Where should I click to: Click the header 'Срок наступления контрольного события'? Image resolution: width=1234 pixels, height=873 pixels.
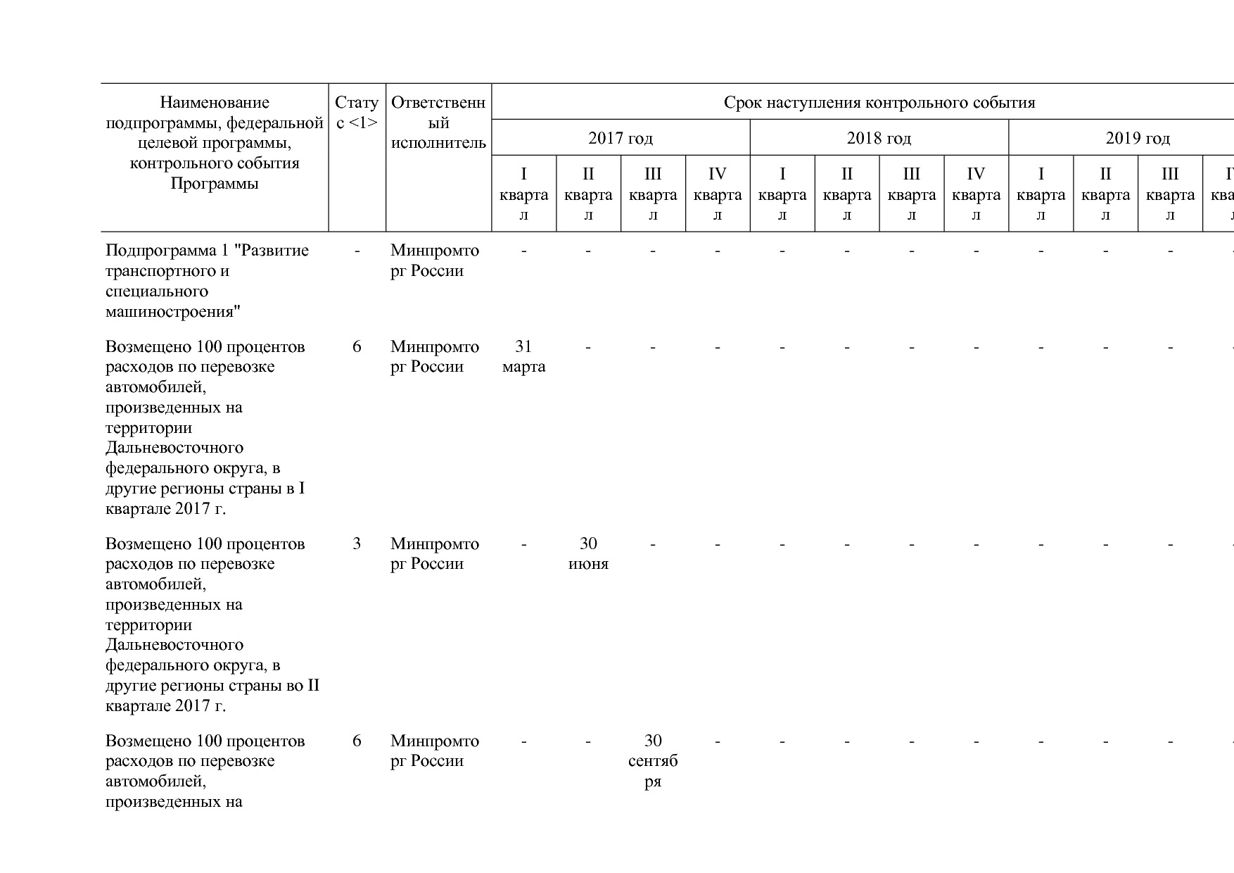(879, 103)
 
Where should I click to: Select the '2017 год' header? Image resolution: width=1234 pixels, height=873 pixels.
(621, 138)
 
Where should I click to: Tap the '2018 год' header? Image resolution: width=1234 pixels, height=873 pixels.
(879, 138)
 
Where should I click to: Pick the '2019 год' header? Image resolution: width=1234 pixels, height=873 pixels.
(1138, 138)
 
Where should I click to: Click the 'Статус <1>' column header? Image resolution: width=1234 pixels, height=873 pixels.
(357, 113)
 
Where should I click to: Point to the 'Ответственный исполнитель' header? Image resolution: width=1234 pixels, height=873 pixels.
(438, 123)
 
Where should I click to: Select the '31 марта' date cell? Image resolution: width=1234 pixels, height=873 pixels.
(523, 356)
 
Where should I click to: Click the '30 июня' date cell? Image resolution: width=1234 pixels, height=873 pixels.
(588, 553)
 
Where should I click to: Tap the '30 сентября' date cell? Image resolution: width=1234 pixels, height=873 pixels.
(653, 760)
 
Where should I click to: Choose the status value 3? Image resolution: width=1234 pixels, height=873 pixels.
(357, 544)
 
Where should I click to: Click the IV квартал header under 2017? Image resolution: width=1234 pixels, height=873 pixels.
(718, 194)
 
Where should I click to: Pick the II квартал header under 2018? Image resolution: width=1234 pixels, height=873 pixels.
(847, 194)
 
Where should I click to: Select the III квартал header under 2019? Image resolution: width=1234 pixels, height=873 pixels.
(1170, 194)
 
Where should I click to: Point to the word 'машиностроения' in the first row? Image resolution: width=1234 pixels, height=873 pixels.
(173, 311)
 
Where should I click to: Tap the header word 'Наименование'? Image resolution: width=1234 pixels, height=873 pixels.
(215, 103)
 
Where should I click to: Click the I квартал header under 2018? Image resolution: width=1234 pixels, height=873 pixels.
(782, 194)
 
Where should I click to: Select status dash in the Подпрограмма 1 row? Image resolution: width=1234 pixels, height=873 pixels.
(357, 251)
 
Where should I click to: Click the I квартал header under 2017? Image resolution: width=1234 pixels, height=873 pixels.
(523, 194)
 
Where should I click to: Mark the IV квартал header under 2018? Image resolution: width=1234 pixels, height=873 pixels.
(976, 194)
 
